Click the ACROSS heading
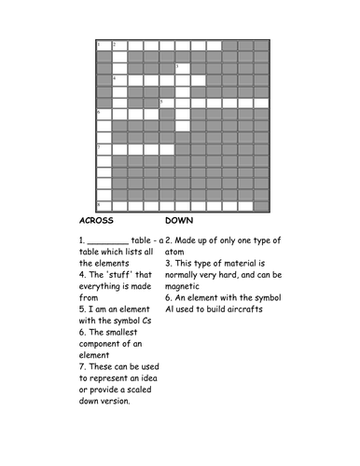coord(97,221)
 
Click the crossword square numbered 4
coord(118,80)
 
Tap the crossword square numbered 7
coord(102,149)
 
